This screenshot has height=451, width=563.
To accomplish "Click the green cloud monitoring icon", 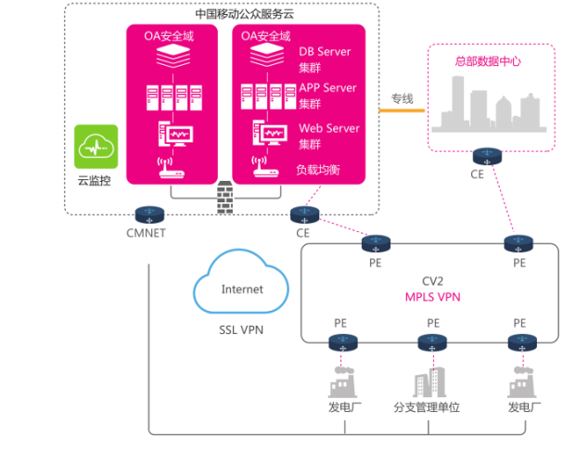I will [x=96, y=147].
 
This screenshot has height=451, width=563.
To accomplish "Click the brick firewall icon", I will [x=223, y=195].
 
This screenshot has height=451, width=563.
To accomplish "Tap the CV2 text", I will [x=434, y=281].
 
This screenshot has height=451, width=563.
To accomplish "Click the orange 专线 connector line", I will [x=401, y=111].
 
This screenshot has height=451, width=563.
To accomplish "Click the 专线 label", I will [x=402, y=97].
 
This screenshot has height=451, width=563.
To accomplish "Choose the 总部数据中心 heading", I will [x=487, y=62].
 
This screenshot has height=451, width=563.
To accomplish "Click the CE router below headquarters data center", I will [x=484, y=155].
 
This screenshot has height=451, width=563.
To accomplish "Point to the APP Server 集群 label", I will [x=326, y=95].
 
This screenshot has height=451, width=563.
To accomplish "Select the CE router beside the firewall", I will [x=303, y=214].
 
